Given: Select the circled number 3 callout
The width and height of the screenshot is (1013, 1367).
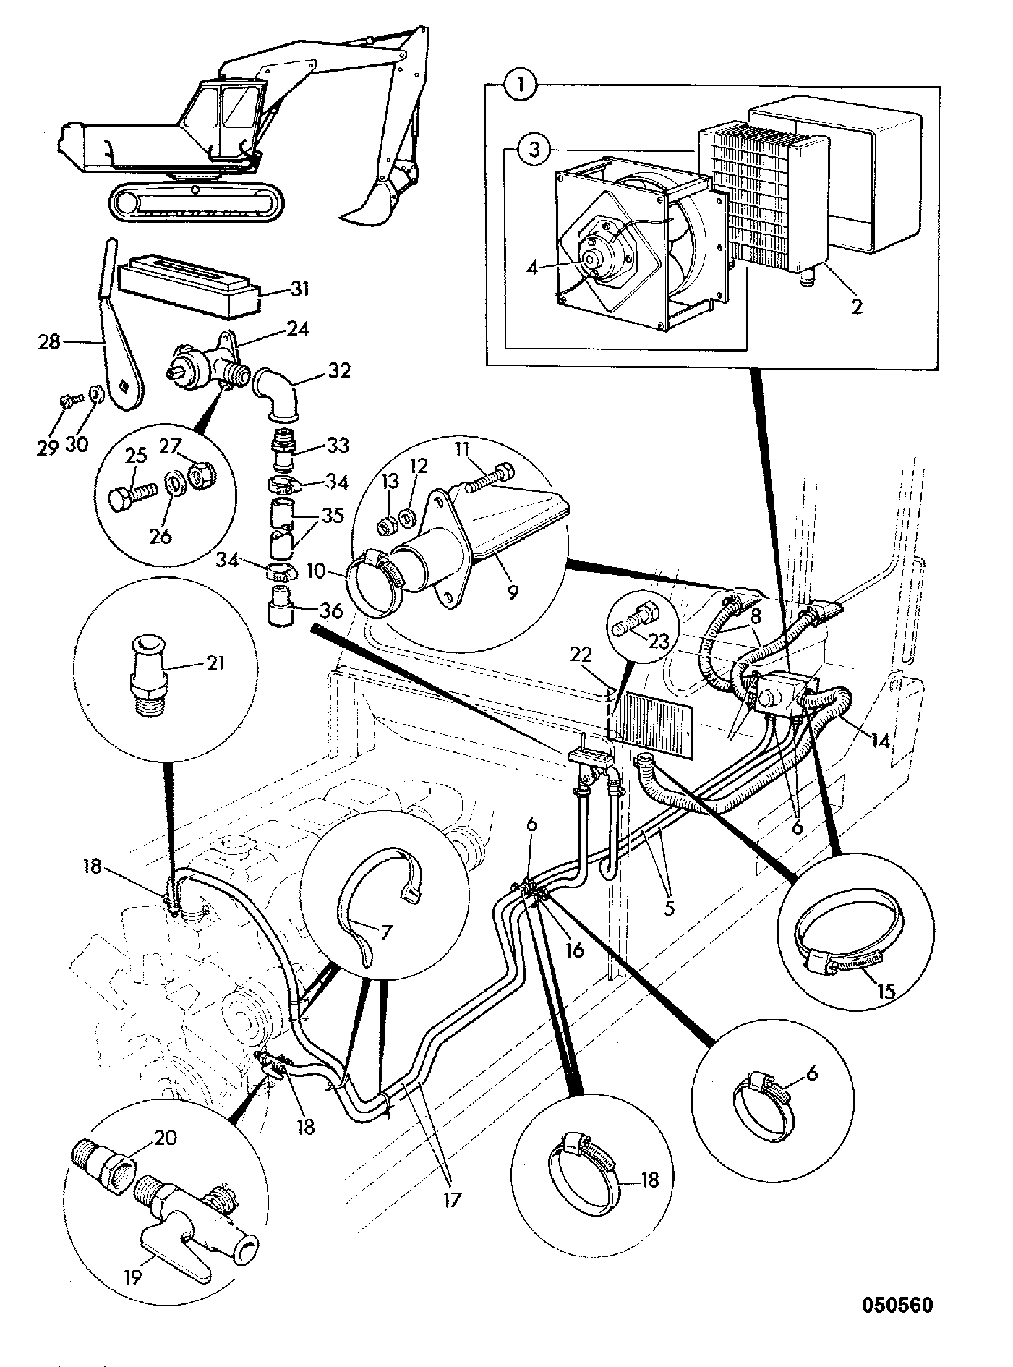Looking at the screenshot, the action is tap(532, 150).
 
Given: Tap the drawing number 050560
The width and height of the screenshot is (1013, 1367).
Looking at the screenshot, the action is tap(897, 1305).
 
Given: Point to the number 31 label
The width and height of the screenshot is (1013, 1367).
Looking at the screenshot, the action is tap(299, 291).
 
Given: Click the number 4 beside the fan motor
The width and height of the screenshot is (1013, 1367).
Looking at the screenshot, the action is tap(532, 267).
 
